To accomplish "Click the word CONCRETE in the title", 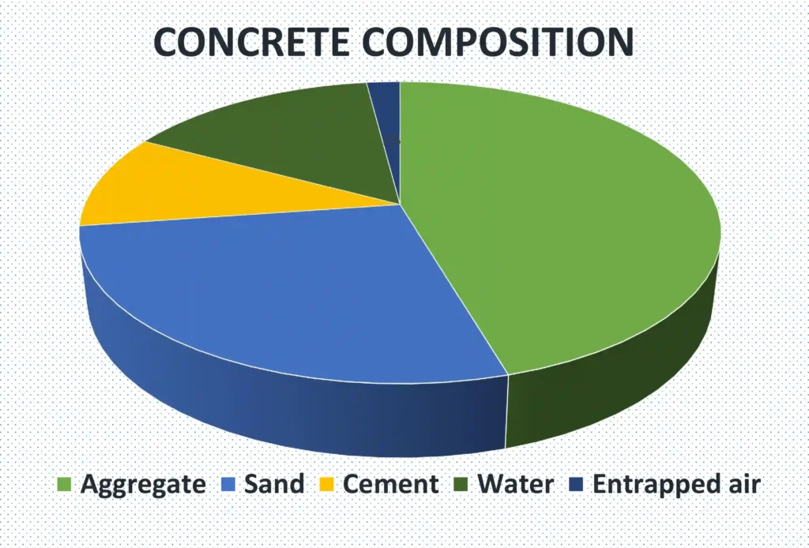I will coord(251,42).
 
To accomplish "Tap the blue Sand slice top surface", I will coord(284,292).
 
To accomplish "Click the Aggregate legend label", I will coord(143,483).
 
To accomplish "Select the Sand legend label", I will coord(273,483).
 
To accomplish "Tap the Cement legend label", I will coord(390,483).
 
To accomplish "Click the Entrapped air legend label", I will coord(676,483).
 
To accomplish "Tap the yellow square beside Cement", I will coord(325,484).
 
